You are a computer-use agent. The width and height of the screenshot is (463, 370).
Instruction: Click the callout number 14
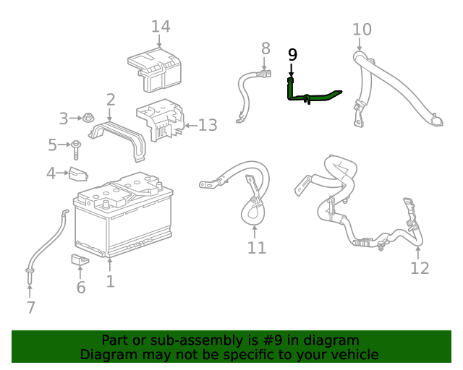[x=161, y=27]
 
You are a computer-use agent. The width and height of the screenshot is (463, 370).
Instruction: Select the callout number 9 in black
[x=292, y=54]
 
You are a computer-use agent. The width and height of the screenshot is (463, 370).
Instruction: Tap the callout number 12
[x=420, y=268]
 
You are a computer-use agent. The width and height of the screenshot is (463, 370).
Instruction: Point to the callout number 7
[x=30, y=307]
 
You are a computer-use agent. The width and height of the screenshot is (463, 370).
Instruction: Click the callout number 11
[x=257, y=248]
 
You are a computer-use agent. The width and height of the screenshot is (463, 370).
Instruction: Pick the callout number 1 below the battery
[x=110, y=281]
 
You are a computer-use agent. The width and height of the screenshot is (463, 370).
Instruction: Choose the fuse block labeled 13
[x=161, y=121]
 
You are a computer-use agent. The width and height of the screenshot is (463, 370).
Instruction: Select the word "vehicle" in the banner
[x=353, y=354]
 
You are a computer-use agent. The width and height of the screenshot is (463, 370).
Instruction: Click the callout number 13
[x=207, y=126]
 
